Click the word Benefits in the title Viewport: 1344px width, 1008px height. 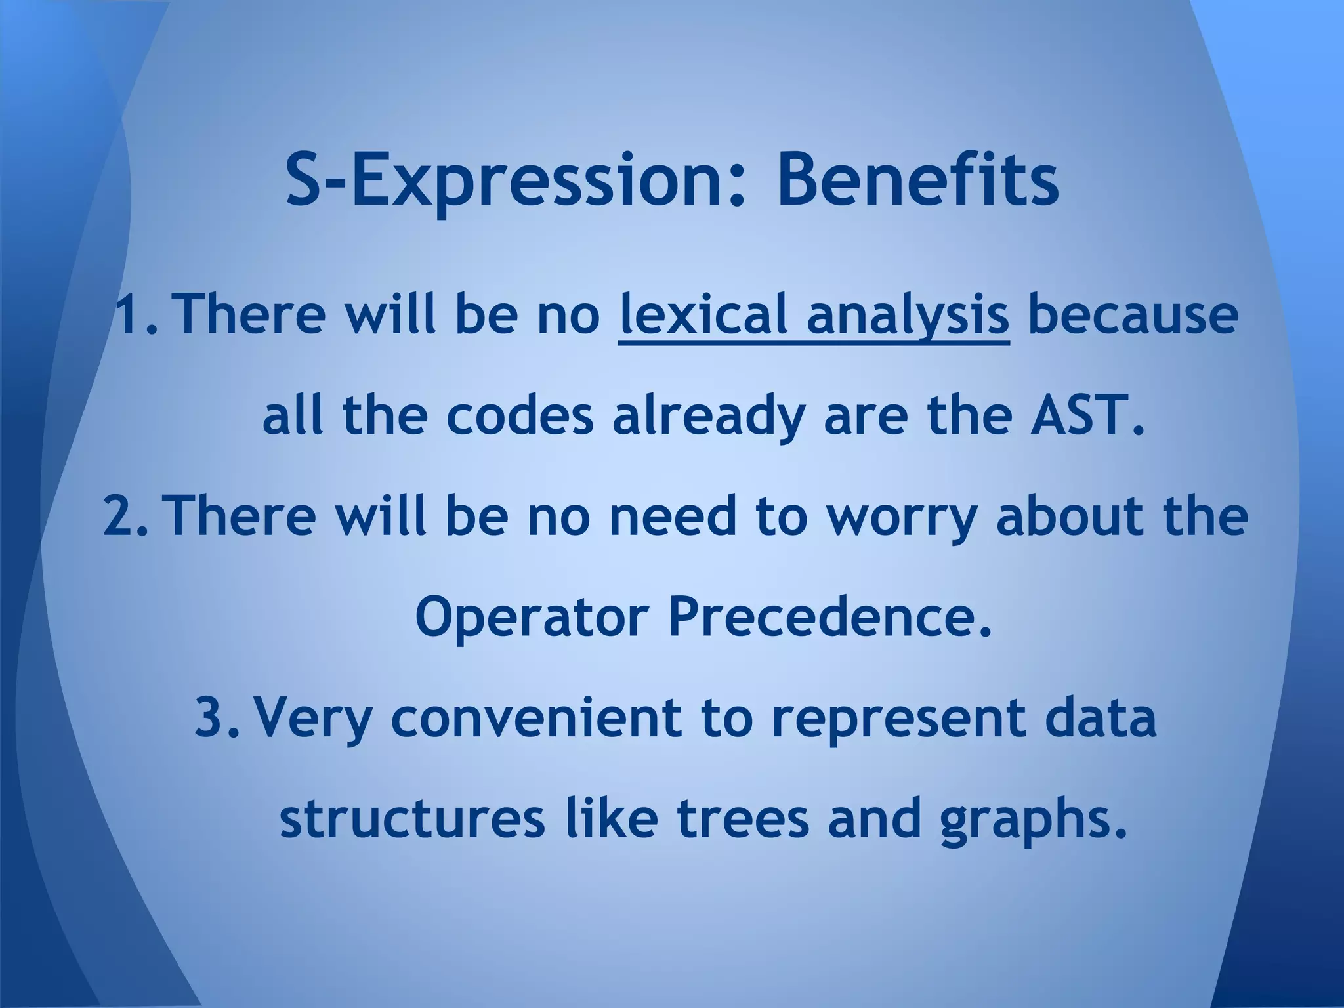(917, 180)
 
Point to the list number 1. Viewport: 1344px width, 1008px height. (133, 314)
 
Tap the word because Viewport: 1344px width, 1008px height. (1133, 314)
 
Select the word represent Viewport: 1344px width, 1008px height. (898, 719)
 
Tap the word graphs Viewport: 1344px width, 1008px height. (1033, 820)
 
